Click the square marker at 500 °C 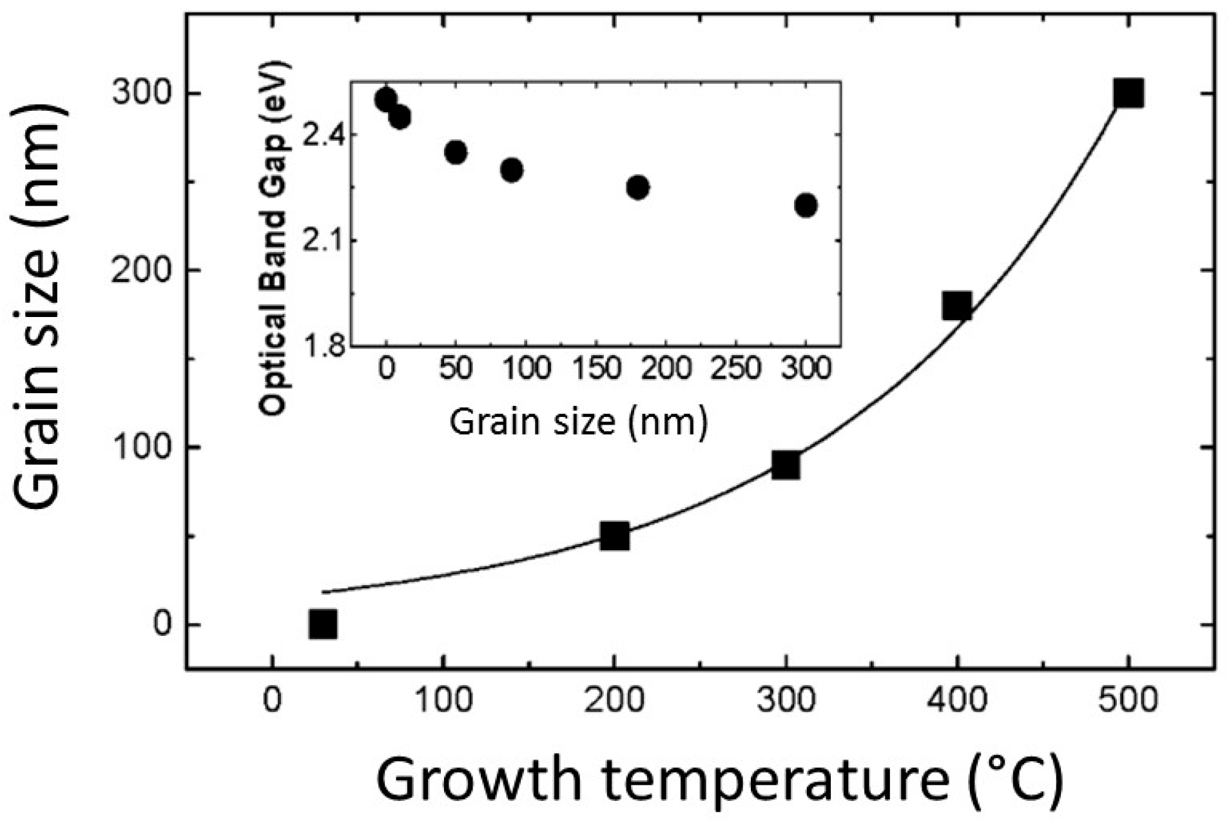[x=1128, y=93]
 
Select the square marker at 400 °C [x=956, y=305]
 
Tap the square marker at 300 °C [x=786, y=465]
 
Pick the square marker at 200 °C [x=614, y=535]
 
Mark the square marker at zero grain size [x=323, y=624]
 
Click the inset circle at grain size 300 [x=806, y=206]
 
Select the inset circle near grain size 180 [x=637, y=188]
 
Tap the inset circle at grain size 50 [x=456, y=152]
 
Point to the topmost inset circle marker [x=385, y=99]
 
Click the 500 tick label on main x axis [x=1128, y=700]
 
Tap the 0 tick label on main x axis [x=273, y=700]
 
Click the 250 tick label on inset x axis [x=735, y=369]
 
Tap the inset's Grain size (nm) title [x=578, y=422]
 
